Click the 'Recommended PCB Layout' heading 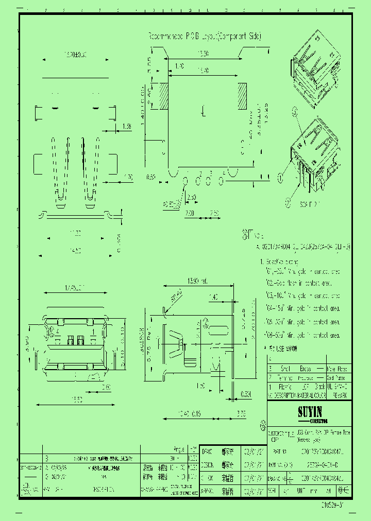coord(205,37)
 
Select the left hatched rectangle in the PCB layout coord(163,97)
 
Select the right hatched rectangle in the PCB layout coord(242,96)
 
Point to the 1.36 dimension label coord(127,126)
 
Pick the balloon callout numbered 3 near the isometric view coord(295,111)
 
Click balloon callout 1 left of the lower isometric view coord(280,178)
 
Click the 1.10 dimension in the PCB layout coord(179,66)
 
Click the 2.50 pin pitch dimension coord(191,198)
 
